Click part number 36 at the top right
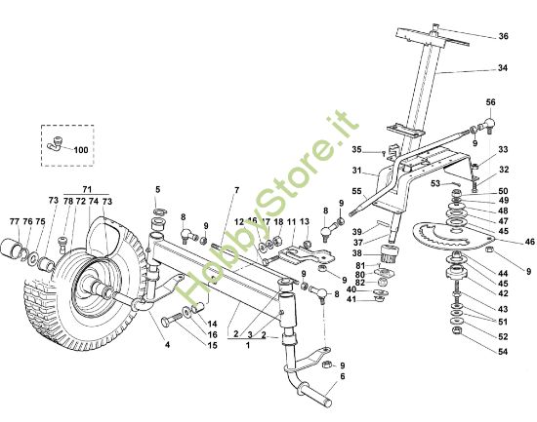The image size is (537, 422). (504, 36)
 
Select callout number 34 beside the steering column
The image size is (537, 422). (504, 69)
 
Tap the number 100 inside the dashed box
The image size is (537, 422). (80, 151)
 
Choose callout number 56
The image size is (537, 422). (491, 102)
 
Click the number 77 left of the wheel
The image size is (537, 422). (15, 221)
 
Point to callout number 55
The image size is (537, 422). (356, 191)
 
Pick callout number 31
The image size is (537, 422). (356, 170)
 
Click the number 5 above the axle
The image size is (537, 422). (157, 188)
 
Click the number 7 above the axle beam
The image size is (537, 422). (235, 188)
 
